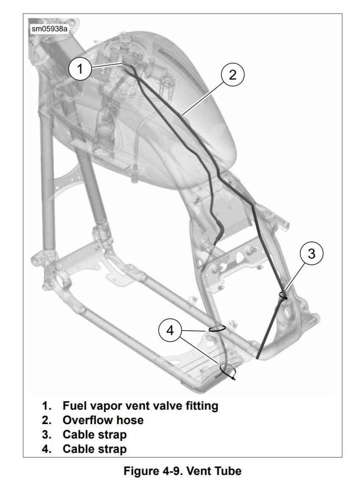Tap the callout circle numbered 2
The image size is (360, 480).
pyautogui.click(x=233, y=75)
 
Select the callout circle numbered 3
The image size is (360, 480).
pyautogui.click(x=311, y=254)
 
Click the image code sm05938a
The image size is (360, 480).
pyautogui.click(x=46, y=29)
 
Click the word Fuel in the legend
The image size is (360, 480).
pyautogui.click(x=73, y=406)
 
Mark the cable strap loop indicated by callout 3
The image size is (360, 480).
pyautogui.click(x=284, y=295)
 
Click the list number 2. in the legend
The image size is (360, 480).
pyautogui.click(x=46, y=420)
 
